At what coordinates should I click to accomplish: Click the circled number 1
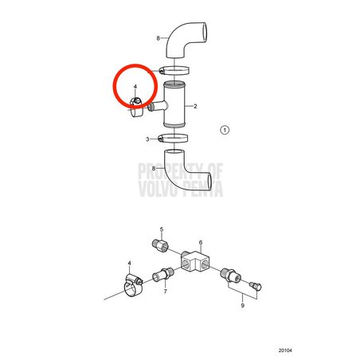point(225,130)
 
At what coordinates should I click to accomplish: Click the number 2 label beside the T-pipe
point(195,107)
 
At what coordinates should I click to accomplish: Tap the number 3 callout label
point(147,139)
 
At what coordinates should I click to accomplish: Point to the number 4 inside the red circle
point(135,87)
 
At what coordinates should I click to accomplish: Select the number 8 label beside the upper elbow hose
point(158,38)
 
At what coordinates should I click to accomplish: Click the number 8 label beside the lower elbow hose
point(154,168)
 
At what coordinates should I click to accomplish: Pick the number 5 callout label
point(162,229)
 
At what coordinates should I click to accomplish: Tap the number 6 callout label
point(201,242)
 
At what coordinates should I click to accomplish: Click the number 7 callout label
point(166,292)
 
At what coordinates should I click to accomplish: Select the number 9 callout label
point(242,306)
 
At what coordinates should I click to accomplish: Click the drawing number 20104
point(285,350)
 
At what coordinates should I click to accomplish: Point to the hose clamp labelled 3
point(173,139)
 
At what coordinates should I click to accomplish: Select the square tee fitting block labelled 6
point(195,261)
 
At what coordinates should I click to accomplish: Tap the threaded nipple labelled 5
point(161,245)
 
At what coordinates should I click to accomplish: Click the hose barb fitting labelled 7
point(163,274)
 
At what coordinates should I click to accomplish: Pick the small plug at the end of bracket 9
point(256,286)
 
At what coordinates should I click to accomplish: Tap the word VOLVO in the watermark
point(156,188)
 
